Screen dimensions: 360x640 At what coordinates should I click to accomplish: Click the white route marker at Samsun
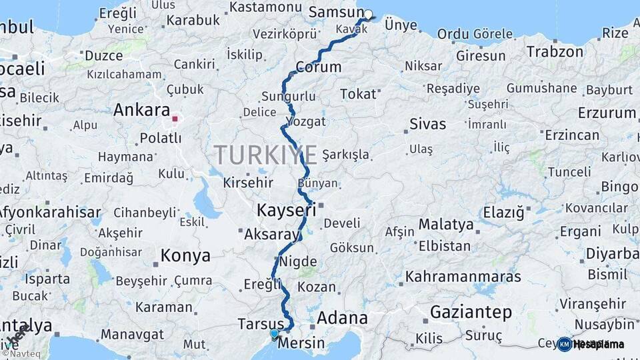(368, 14)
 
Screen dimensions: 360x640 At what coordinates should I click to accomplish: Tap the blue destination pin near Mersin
(274, 333)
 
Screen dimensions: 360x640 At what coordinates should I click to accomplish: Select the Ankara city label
(141, 110)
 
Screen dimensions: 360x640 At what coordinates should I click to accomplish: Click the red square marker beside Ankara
(175, 119)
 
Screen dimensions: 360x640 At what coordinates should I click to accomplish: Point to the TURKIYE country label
(265, 155)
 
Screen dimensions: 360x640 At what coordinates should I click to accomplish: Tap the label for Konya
(185, 255)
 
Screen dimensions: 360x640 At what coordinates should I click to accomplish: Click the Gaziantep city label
(471, 311)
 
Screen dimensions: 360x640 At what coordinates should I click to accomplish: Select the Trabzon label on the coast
(555, 51)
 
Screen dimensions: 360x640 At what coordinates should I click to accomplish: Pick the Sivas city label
(427, 123)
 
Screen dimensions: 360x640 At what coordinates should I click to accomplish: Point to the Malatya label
(446, 224)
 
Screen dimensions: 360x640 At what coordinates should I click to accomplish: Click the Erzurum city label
(607, 113)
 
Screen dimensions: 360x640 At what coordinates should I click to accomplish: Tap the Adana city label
(342, 318)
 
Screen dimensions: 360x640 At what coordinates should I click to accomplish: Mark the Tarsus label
(260, 324)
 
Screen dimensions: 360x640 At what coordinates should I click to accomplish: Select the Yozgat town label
(305, 121)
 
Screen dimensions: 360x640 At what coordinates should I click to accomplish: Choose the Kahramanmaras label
(463, 275)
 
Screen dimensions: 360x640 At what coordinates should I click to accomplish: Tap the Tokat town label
(358, 94)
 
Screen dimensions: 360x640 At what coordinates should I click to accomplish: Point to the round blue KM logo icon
(564, 344)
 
